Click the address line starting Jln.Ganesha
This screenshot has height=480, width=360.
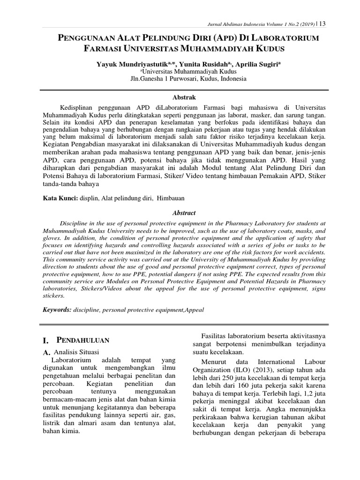188,79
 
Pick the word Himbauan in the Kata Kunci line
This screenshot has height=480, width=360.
171,199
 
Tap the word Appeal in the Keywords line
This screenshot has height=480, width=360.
193,310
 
